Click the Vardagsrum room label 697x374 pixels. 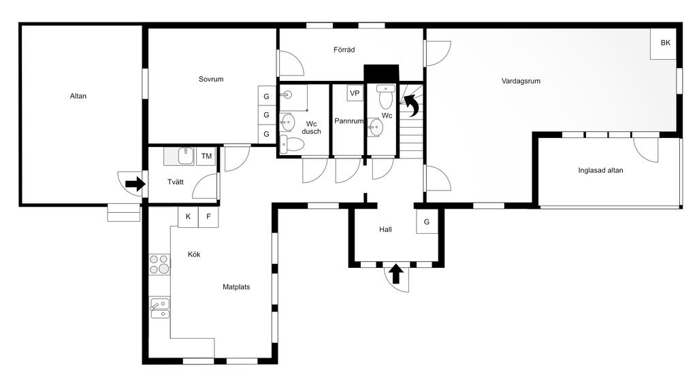(521, 82)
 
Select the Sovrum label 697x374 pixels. (211, 79)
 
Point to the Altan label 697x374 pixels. (78, 96)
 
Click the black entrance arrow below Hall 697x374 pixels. (396, 273)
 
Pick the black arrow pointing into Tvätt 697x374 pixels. (135, 183)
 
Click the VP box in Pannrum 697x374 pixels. (355, 93)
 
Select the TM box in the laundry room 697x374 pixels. (206, 156)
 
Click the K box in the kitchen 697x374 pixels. (188, 217)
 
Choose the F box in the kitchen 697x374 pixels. (208, 217)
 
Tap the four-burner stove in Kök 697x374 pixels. (159, 264)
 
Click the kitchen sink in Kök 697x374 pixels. (159, 308)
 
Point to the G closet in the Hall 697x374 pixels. (427, 222)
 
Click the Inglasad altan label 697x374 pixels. (600, 170)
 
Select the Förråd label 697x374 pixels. (344, 50)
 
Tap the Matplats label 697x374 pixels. (236, 287)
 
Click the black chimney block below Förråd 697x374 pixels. (381, 73)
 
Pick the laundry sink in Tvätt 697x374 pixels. (179, 156)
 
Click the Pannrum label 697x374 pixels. (349, 121)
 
